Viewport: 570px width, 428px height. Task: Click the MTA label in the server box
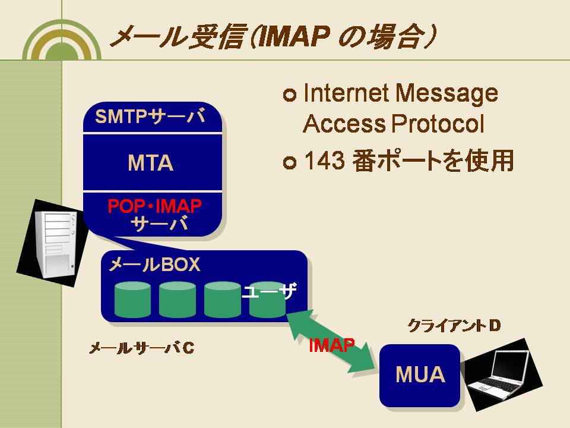click(150, 163)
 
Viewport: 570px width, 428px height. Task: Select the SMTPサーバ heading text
click(150, 117)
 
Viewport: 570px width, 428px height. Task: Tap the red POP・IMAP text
click(154, 206)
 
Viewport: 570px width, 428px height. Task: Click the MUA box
click(420, 375)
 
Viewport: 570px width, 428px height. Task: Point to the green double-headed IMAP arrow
click(331, 341)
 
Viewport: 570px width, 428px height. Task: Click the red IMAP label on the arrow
click(331, 345)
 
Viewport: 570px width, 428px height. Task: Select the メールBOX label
click(154, 264)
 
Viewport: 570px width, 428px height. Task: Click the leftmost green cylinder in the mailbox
click(132, 299)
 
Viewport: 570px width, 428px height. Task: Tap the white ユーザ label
click(269, 291)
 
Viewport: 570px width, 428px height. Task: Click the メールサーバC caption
click(142, 348)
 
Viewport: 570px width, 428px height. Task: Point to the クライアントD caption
click(454, 325)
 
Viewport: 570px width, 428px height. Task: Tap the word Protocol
click(438, 124)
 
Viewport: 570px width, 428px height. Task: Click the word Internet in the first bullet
click(346, 93)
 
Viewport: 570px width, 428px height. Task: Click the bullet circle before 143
click(290, 162)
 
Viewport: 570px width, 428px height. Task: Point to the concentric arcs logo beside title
click(62, 40)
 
